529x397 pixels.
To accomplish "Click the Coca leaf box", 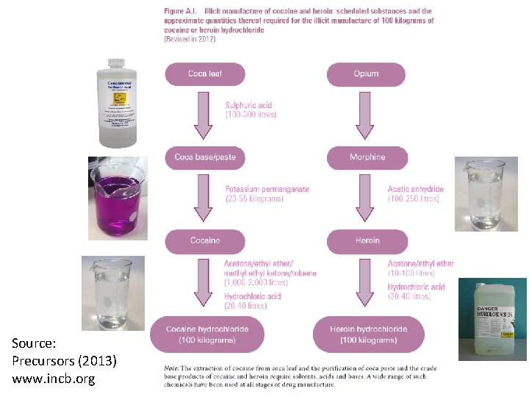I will [x=204, y=74].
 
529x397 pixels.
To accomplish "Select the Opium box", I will [x=366, y=74].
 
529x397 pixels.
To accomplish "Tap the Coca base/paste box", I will [x=204, y=157].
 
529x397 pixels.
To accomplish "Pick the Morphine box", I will [x=367, y=157].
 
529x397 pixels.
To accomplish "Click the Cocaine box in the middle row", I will [x=204, y=241].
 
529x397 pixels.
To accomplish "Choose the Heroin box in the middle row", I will [x=367, y=241].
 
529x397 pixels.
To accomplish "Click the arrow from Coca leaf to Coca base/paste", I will [x=204, y=115].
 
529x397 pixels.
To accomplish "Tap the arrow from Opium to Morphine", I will [x=367, y=115].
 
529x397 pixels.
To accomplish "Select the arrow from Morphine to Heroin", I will [x=367, y=199].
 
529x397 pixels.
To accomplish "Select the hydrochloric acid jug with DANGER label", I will [x=492, y=319].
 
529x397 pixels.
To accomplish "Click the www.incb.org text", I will [x=54, y=379].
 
